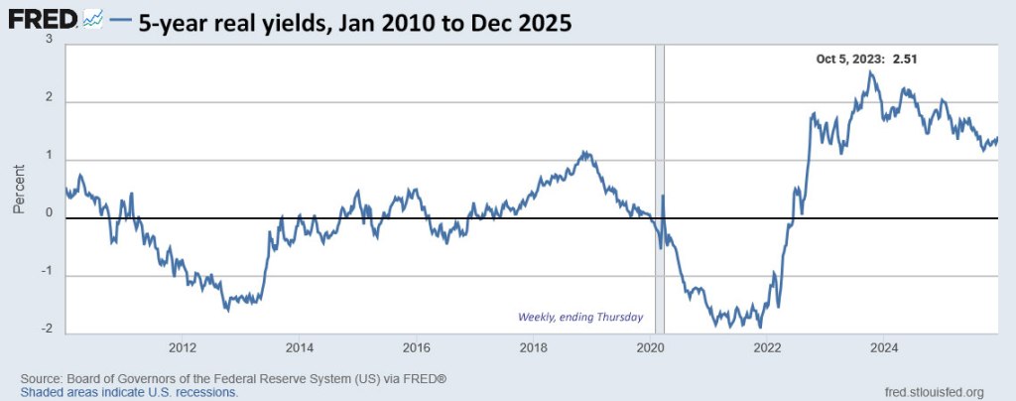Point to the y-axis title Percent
(19, 189)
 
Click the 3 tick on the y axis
(52, 39)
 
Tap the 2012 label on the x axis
(182, 347)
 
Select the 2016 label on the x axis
(416, 347)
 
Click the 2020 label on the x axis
(650, 347)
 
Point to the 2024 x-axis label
(884, 347)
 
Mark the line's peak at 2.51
(870, 71)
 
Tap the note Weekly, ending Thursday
(580, 318)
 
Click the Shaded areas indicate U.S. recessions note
(129, 392)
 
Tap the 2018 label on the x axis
(533, 347)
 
